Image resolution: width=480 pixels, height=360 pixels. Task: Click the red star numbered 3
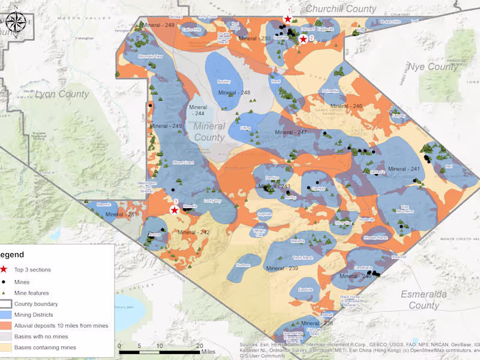pos(174,210)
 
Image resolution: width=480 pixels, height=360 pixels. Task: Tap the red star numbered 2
pos(304,39)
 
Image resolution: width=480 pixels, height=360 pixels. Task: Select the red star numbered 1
pos(288,19)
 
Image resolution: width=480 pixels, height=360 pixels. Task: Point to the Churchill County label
pos(341,9)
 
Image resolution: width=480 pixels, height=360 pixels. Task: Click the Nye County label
pos(433,67)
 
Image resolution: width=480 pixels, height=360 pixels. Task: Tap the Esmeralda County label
pos(419,299)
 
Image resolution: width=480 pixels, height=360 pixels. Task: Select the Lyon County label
pos(62,94)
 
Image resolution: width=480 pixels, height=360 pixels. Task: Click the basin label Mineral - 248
pos(234,93)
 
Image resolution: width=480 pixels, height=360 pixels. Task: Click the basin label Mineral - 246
pos(347,106)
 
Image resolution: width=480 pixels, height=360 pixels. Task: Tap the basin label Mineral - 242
pos(193,232)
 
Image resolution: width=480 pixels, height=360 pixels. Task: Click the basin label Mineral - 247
pos(290,132)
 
